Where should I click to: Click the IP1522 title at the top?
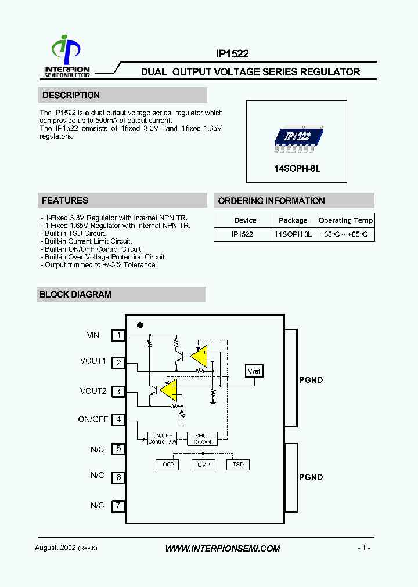[232, 54]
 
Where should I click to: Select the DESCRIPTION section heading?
[71, 95]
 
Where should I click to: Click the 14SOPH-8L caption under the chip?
[297, 169]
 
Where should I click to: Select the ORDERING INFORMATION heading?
[271, 201]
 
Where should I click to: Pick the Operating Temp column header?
[345, 220]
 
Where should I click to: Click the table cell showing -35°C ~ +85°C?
[345, 235]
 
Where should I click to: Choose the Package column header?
[293, 220]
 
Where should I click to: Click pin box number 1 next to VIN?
[118, 335]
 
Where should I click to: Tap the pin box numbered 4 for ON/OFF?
[118, 419]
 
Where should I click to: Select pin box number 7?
[118, 505]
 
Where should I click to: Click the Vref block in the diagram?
[254, 371]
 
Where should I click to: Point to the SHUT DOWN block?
[202, 439]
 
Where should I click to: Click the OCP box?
[168, 465]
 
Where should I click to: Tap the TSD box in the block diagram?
[237, 465]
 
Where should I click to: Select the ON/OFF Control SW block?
[162, 439]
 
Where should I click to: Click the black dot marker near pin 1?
[139, 325]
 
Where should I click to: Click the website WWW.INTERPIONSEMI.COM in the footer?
[223, 548]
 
